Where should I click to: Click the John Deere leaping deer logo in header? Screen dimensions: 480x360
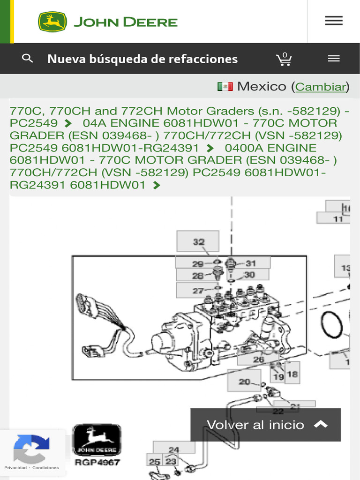(x=52, y=22)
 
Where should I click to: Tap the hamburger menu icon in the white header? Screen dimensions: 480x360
(x=333, y=21)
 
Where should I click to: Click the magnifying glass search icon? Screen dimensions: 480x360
(x=28, y=59)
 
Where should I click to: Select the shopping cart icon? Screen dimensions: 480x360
(x=284, y=59)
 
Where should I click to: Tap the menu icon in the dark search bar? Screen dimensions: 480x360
(x=333, y=59)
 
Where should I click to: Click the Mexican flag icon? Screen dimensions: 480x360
(x=225, y=87)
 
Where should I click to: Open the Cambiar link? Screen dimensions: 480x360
(x=321, y=87)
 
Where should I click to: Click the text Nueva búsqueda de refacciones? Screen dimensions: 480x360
(x=142, y=59)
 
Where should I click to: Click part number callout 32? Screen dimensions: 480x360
(x=198, y=242)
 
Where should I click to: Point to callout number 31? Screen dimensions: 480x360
(x=251, y=263)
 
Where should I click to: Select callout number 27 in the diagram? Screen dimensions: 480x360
(x=198, y=291)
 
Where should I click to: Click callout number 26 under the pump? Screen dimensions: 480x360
(x=258, y=360)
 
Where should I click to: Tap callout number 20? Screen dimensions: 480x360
(x=244, y=382)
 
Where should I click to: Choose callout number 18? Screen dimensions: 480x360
(x=292, y=374)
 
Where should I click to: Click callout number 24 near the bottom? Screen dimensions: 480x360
(x=174, y=450)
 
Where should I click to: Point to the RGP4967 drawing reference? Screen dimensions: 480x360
(x=97, y=462)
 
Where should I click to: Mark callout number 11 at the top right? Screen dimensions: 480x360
(x=338, y=218)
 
